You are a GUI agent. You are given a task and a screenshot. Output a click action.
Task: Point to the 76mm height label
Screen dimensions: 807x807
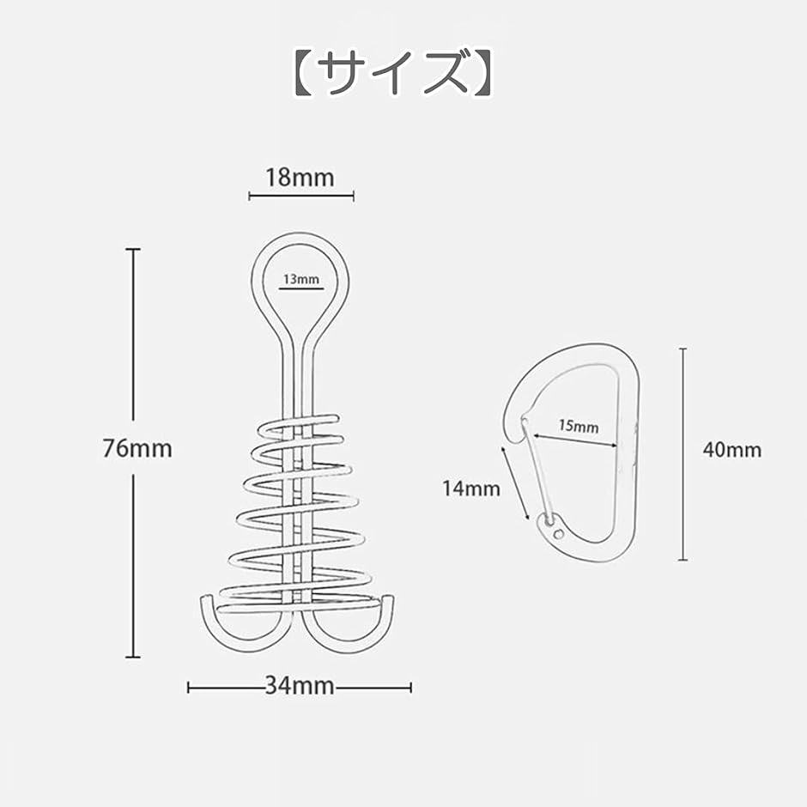point(138,448)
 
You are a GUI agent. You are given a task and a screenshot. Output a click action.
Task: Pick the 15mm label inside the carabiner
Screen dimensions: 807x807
point(579,426)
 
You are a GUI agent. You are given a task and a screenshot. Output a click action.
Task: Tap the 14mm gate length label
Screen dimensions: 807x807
point(470,488)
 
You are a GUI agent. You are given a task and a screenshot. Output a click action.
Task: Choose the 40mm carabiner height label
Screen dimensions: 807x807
point(731,450)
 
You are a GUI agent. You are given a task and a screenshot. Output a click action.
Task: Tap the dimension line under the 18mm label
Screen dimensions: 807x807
point(300,197)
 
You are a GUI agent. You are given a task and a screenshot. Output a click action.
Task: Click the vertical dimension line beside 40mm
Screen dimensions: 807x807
point(683,454)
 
